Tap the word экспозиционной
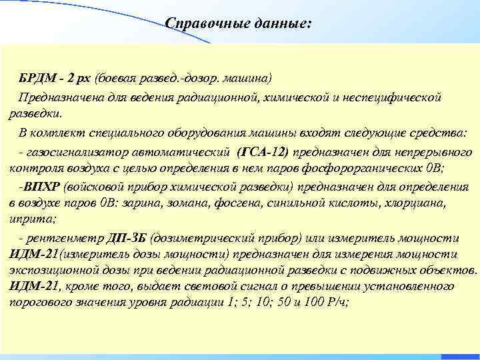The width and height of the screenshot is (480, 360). tap(51, 271)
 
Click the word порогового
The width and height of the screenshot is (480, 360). tap(39, 303)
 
